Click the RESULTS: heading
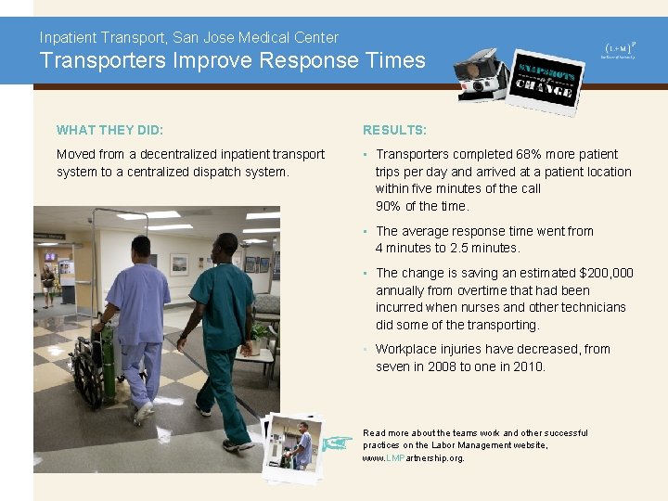pos(394,130)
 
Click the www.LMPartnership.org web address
pos(413,458)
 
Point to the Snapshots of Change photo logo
pos(546,83)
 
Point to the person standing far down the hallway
pos(47,284)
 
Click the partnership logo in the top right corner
pos(619,50)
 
